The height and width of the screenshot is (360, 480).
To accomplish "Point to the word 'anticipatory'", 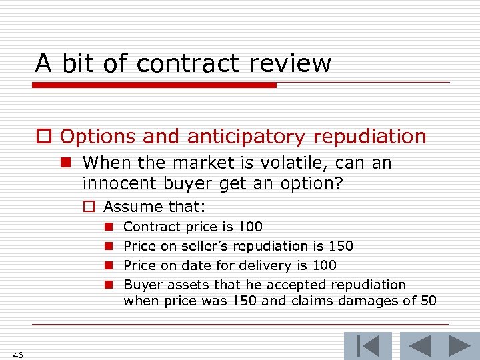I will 243,137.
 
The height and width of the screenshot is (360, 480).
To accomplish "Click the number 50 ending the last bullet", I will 428,301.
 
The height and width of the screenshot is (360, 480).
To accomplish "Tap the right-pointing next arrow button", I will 459,346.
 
